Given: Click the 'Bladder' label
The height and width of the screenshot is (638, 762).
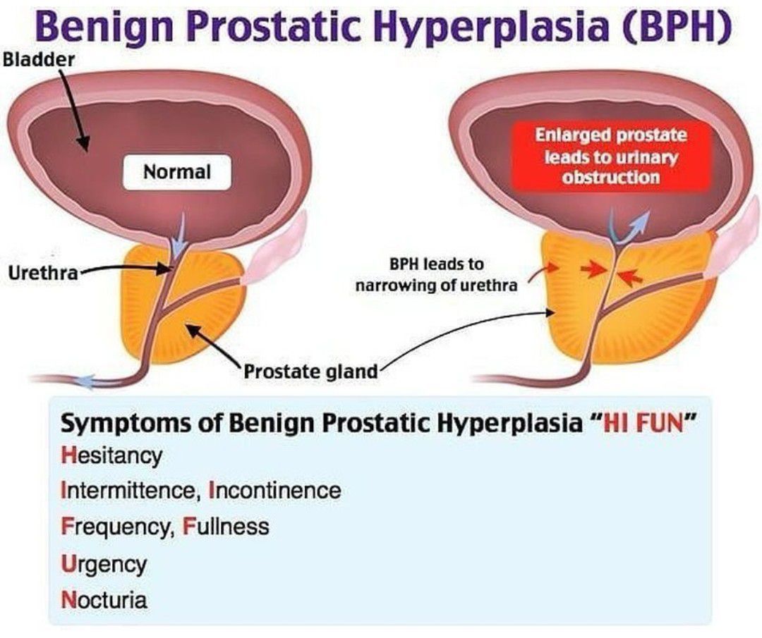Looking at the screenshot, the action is [39, 60].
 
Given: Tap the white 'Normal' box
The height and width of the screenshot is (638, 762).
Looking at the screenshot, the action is [177, 172].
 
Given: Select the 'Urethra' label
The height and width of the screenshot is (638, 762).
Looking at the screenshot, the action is [44, 273].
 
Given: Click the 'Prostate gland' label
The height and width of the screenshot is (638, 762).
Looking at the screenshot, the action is [310, 372].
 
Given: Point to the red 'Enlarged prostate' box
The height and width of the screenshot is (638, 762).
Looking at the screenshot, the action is [611, 156].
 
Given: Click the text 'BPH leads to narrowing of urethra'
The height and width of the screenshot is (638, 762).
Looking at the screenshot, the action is [436, 275].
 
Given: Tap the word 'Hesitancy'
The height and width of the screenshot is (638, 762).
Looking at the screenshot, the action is [111, 456].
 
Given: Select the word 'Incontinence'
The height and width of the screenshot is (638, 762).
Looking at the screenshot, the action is [274, 491].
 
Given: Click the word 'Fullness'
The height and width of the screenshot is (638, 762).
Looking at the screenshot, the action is [226, 527].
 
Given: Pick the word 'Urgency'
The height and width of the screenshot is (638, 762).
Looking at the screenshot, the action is [104, 564].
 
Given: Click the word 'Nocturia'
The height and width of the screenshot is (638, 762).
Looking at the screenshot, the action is [104, 600].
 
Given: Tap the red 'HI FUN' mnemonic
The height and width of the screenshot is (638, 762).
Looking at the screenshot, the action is [643, 424].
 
